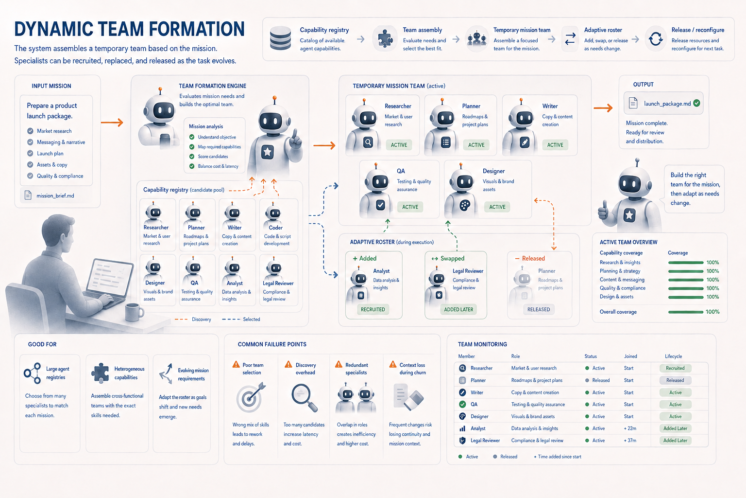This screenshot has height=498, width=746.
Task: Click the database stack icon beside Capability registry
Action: [280, 38]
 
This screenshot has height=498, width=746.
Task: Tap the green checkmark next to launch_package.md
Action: [696, 104]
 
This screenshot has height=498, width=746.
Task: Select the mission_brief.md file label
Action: [55, 196]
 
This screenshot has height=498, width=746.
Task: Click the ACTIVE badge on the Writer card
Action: [555, 145]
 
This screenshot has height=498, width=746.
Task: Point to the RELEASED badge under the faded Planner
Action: [539, 309]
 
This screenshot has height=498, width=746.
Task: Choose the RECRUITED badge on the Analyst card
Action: [373, 309]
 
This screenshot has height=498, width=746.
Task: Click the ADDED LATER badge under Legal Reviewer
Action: [458, 309]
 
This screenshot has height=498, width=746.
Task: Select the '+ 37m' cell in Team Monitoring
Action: [630, 440]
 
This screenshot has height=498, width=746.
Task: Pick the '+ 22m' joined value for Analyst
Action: [630, 428]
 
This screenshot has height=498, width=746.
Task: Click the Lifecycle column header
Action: [674, 356]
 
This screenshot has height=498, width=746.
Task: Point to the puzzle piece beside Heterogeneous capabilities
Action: [100, 373]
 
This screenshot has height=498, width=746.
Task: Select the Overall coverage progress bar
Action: [686, 312]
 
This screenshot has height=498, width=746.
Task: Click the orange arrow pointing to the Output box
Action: [603, 108]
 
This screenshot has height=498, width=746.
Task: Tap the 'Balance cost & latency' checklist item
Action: [218, 166]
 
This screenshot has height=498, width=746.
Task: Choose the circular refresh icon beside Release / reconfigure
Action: [655, 39]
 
